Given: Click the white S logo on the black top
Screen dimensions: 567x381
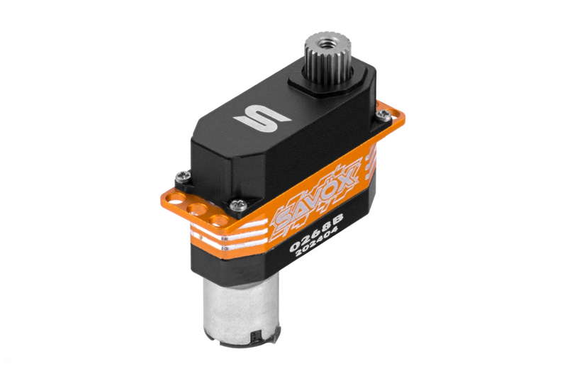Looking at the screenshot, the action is click(262, 118).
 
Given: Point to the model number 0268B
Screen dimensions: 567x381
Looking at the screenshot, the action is click(316, 231).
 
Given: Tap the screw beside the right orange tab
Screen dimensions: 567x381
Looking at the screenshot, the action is click(383, 115).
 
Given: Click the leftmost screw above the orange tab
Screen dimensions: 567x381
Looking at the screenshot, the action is click(181, 177).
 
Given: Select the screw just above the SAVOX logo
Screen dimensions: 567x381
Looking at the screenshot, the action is click(237, 204).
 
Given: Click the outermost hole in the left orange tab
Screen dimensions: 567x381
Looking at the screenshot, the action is click(176, 199).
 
